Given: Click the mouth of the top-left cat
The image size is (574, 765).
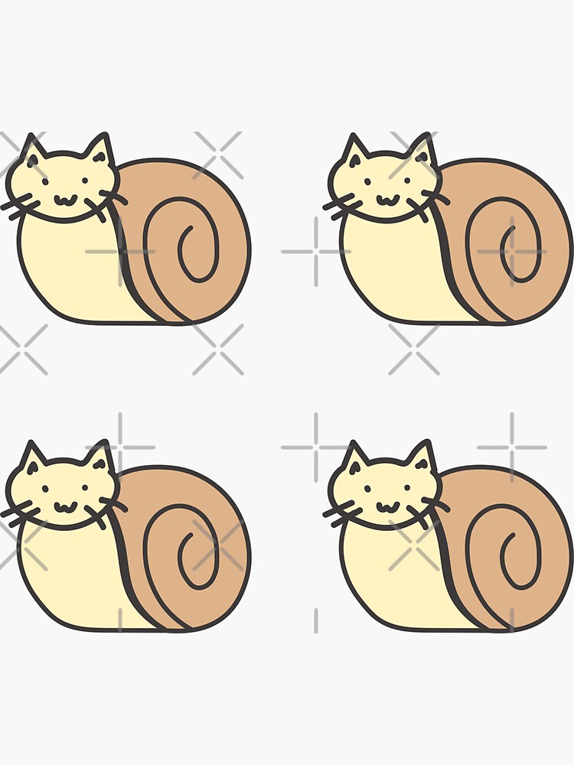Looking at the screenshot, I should tap(64, 200).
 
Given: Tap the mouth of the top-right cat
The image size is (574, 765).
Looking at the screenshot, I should tap(386, 200).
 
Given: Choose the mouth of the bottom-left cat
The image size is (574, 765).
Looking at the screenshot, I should tap(64, 507).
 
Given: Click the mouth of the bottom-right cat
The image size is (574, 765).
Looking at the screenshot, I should tap(386, 507).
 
